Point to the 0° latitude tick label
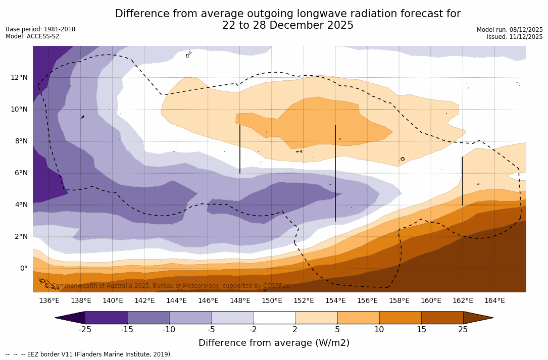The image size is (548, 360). click(23, 268)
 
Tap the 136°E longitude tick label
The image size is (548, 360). click(49, 301)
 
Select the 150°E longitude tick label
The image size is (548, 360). click(272, 301)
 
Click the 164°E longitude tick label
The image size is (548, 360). click(494, 301)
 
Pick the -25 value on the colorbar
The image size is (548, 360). click(85, 330)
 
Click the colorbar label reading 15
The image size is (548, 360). click(421, 330)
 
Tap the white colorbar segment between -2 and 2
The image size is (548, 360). click(274, 318)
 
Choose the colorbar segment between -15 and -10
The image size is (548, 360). click(148, 318)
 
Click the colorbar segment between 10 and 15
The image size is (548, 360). click(400, 318)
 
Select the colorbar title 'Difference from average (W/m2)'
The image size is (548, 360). click(274, 343)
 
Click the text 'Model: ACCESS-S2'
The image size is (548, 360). click(32, 36)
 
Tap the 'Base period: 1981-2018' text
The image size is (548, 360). click(40, 29)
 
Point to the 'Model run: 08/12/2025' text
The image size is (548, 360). click(510, 30)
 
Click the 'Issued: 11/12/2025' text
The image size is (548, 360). click(515, 37)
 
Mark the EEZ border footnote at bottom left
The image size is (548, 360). click(88, 354)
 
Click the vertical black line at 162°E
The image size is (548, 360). click(462, 181)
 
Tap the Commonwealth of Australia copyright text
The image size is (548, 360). click(167, 286)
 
